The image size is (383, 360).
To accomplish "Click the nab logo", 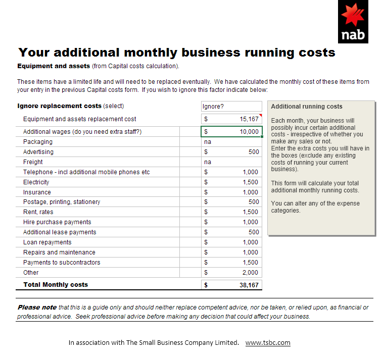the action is click(x=353, y=22).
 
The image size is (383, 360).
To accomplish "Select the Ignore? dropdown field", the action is click(x=231, y=107).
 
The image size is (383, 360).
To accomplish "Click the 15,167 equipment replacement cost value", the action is click(x=249, y=119).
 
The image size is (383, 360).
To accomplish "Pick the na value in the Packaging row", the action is click(x=208, y=142).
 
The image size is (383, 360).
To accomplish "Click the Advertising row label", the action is click(x=38, y=152).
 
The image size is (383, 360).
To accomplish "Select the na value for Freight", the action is click(x=208, y=162).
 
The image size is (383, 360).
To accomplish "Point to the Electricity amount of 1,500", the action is click(x=251, y=182).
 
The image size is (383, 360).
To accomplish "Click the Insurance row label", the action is click(x=37, y=192).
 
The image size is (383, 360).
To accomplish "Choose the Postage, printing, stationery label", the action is click(x=62, y=202).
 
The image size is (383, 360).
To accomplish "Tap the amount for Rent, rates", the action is click(x=251, y=212).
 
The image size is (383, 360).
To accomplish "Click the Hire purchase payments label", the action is click(x=57, y=222).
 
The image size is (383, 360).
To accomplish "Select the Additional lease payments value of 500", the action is click(x=254, y=232).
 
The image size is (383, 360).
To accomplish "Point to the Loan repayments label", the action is click(x=47, y=242).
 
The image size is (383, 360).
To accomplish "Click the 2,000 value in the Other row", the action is click(x=250, y=273).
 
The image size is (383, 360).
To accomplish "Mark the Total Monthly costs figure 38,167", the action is click(x=249, y=285).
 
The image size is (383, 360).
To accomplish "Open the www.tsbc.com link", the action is click(x=268, y=343).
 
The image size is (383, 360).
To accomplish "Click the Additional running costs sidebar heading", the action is click(x=307, y=107).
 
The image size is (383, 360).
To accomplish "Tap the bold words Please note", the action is click(x=37, y=307).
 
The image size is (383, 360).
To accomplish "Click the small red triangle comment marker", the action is click(x=261, y=115).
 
